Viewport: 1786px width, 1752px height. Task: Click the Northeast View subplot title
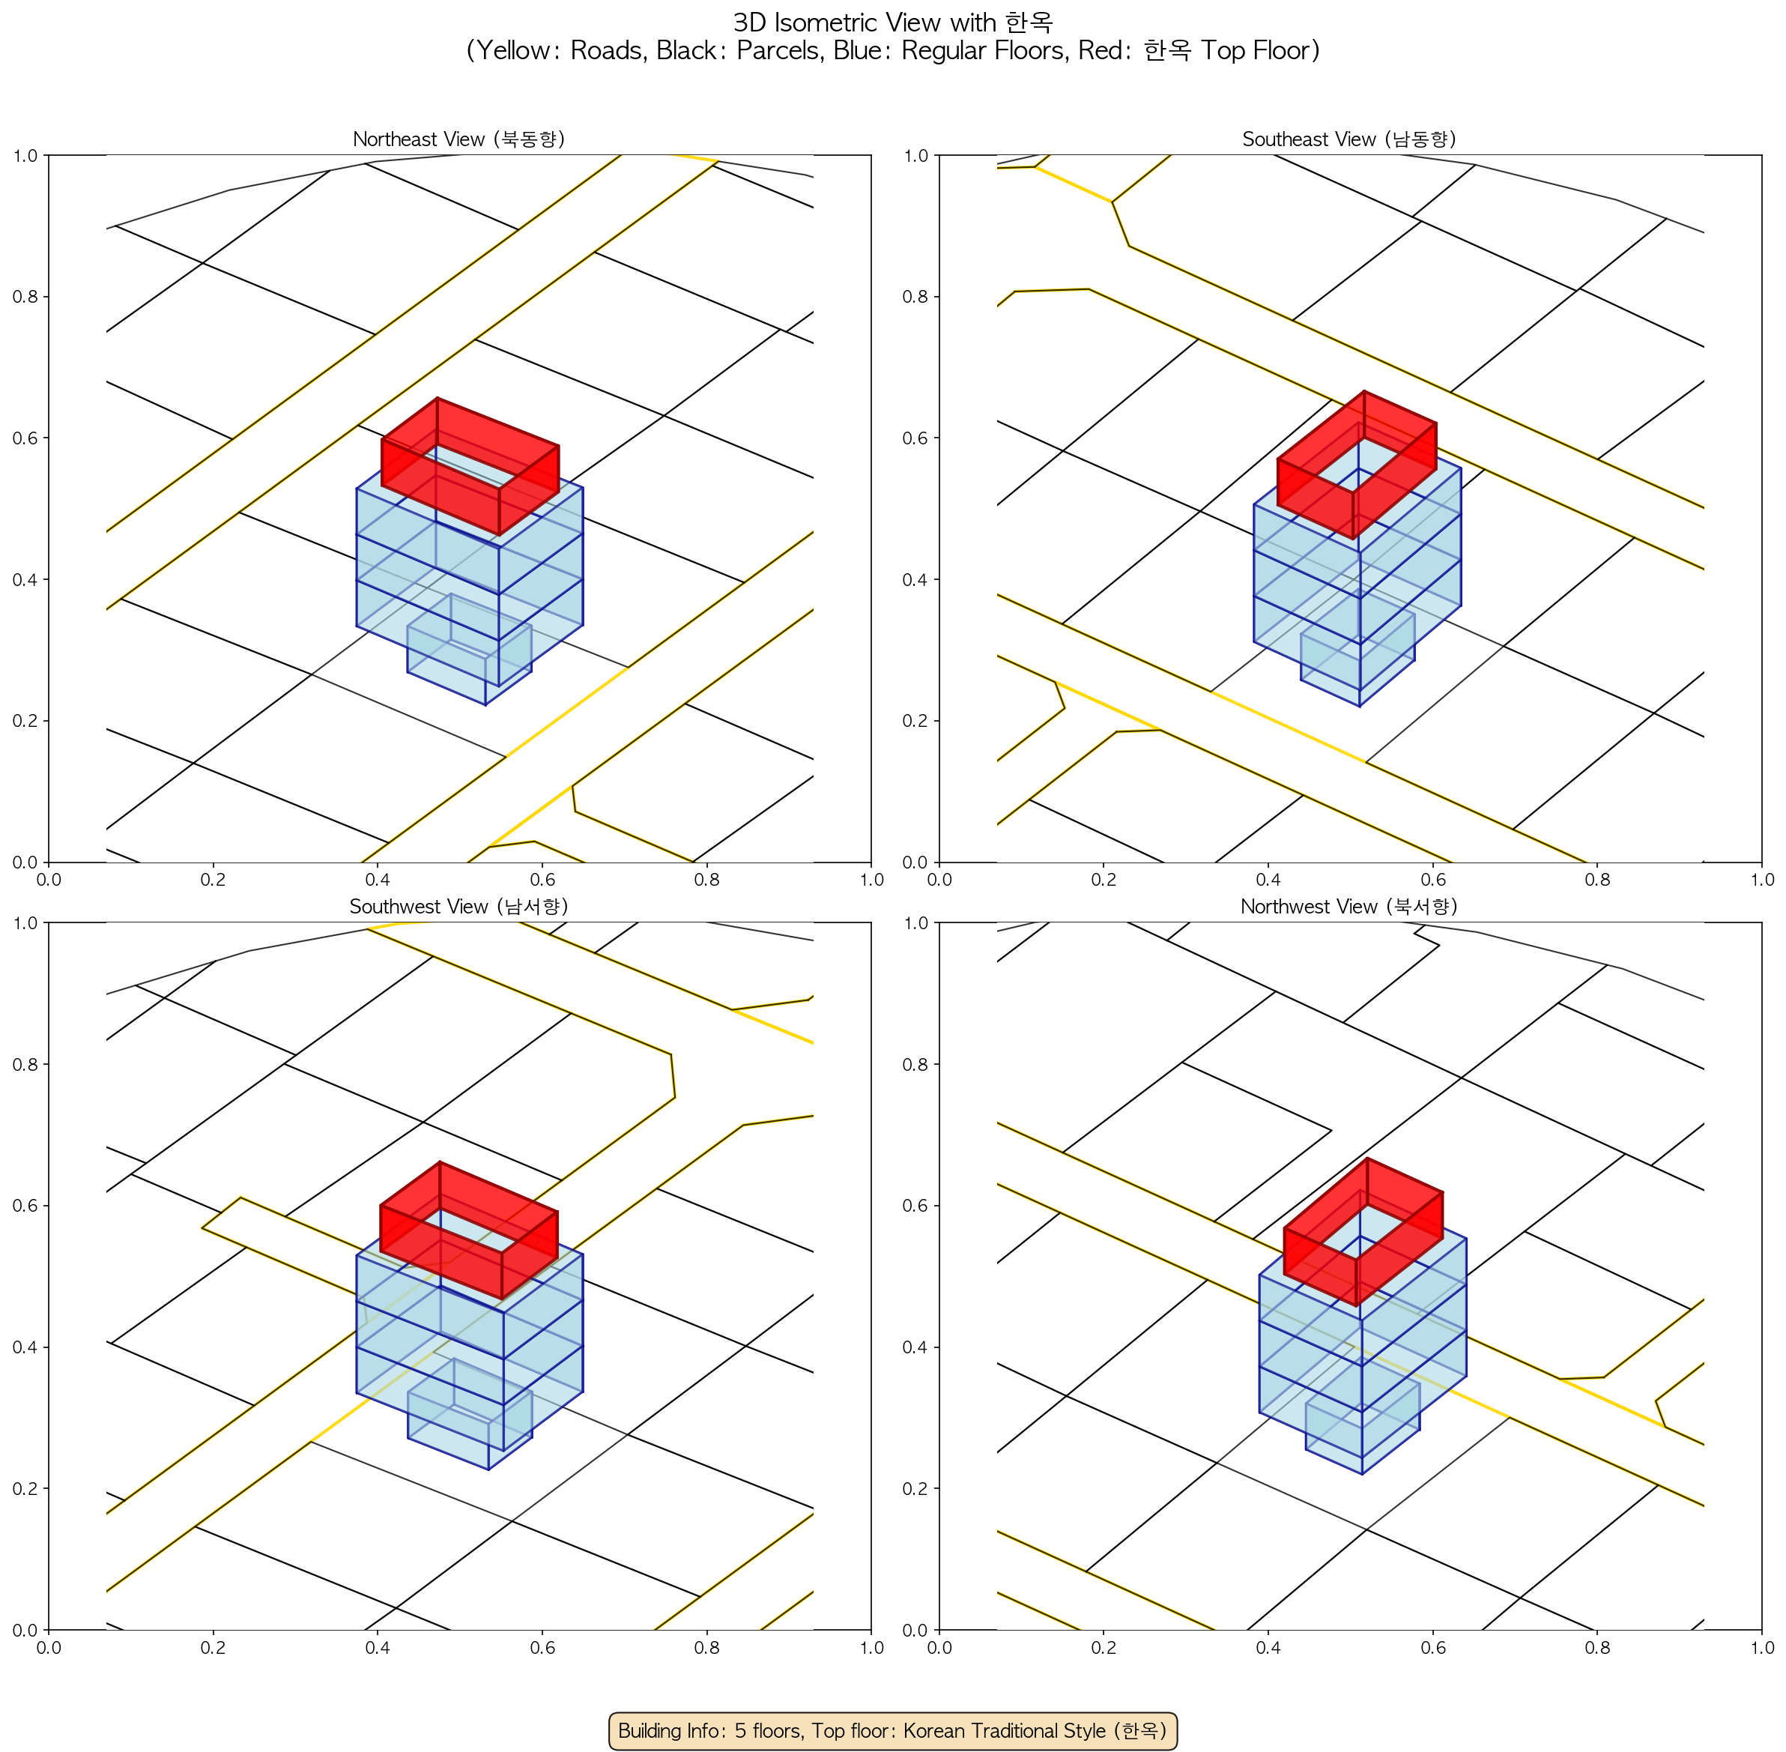tap(458, 139)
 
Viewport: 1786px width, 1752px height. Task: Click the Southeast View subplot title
tap(1349, 139)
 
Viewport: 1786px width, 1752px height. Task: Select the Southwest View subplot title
tap(458, 907)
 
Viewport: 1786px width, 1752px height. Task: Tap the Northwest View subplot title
tap(1349, 907)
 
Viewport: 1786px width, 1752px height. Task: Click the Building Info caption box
tap(892, 1730)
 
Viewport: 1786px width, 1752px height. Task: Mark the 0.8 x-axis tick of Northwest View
tap(1597, 1648)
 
